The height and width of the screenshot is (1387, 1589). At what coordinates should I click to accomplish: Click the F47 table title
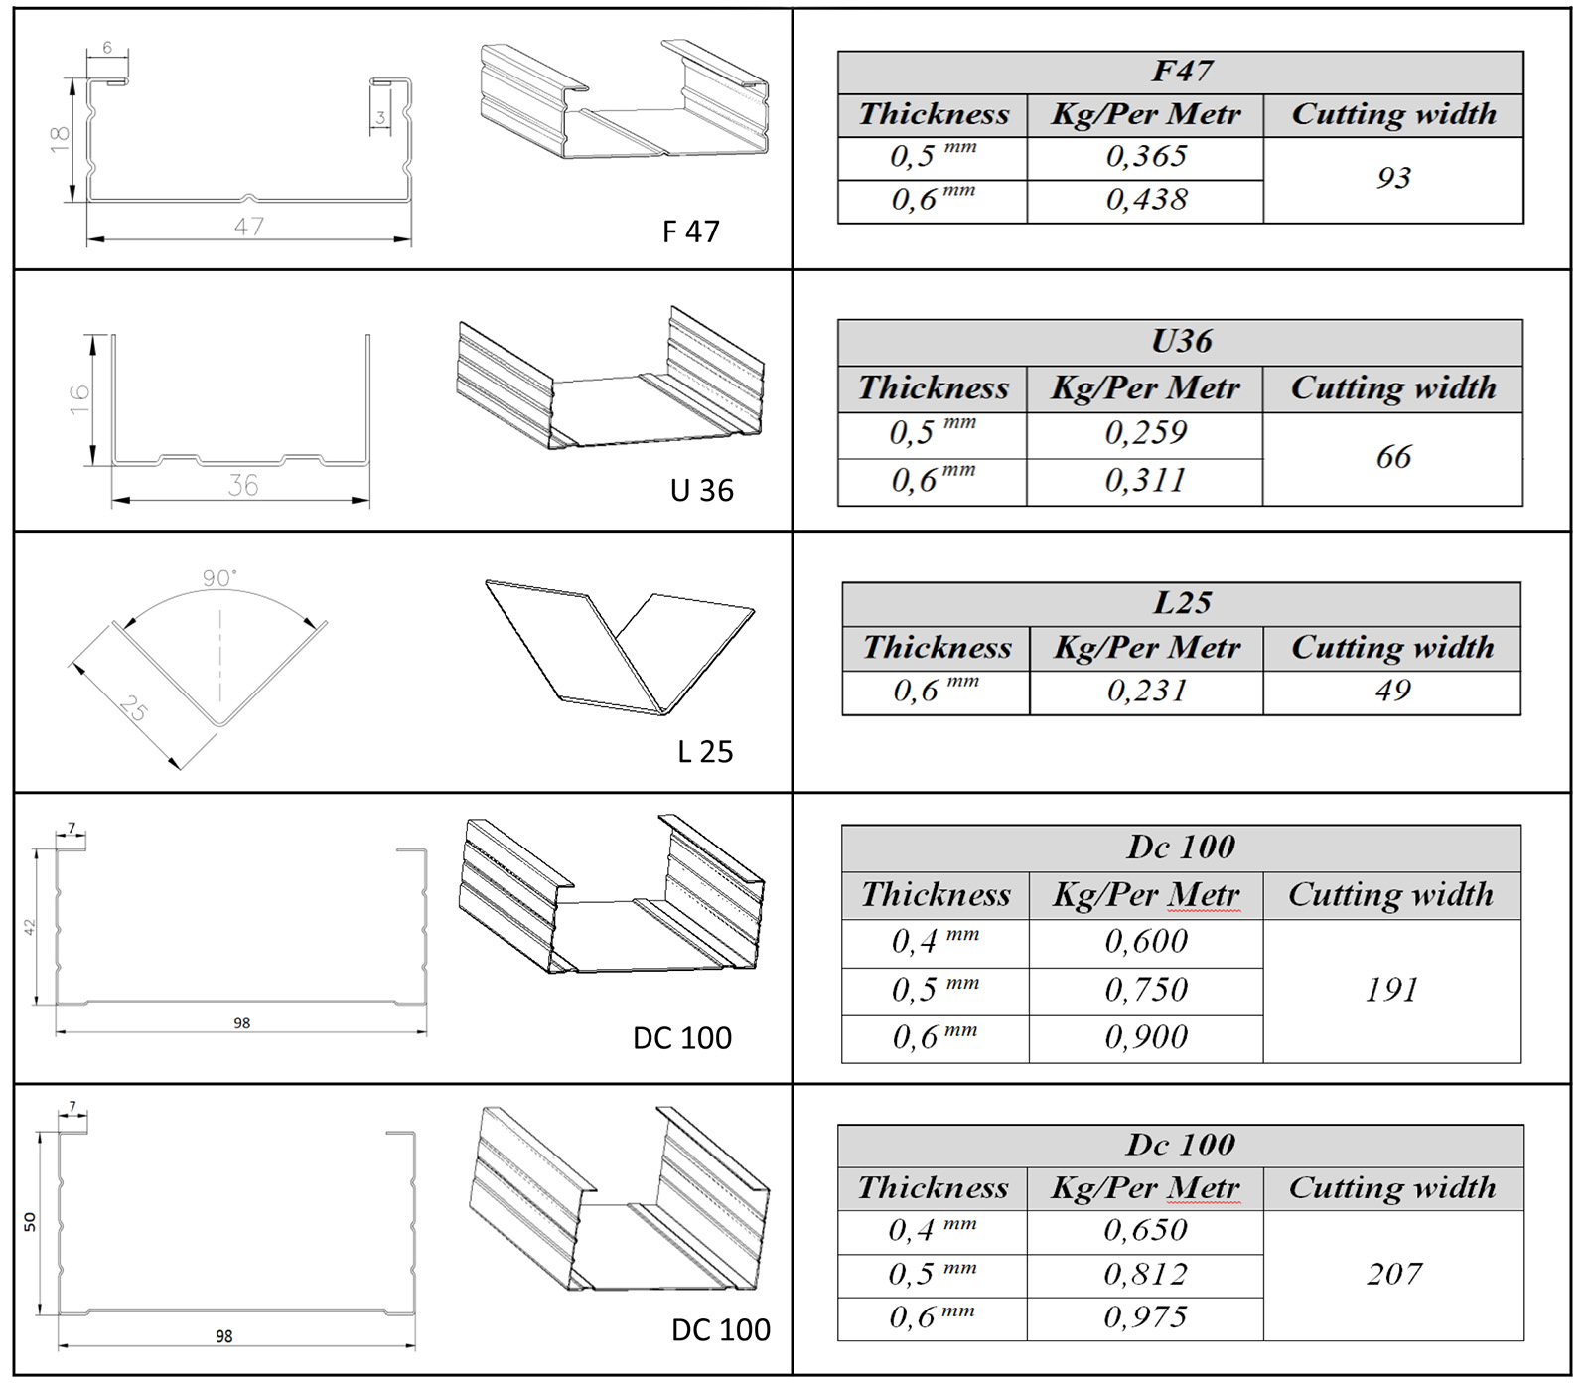[x=1181, y=72]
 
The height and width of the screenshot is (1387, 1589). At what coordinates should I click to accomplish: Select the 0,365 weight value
[x=1146, y=157]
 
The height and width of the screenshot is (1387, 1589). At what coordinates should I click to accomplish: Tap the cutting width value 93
[x=1393, y=178]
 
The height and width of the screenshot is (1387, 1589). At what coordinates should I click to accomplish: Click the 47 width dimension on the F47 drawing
[x=249, y=227]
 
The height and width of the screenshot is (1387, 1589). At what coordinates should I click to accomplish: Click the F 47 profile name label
[x=690, y=231]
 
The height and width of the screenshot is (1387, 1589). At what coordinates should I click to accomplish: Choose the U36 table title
[x=1181, y=341]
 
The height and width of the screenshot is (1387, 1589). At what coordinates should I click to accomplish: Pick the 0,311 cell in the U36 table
[x=1145, y=481]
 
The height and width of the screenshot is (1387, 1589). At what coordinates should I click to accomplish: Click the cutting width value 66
[x=1393, y=457]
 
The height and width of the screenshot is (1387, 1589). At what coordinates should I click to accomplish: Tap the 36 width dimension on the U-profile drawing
[x=243, y=485]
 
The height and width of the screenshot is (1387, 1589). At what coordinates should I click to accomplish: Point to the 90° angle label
[x=219, y=578]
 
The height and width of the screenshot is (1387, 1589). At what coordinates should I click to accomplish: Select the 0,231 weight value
[x=1146, y=691]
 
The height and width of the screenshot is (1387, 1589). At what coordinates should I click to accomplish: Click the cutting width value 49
[x=1392, y=691]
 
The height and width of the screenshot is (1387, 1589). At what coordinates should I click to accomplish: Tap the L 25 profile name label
[x=705, y=752]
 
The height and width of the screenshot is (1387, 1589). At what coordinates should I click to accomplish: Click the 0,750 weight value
[x=1146, y=990]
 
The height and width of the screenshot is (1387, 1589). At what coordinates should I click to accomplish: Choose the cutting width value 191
[x=1391, y=990]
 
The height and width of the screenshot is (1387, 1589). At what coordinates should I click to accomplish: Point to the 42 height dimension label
[x=30, y=927]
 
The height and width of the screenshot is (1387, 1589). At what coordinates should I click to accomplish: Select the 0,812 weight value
[x=1145, y=1274]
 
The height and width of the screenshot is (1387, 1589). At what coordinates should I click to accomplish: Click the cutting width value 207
[x=1394, y=1274]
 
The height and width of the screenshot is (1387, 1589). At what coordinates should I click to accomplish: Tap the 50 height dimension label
[x=30, y=1222]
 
